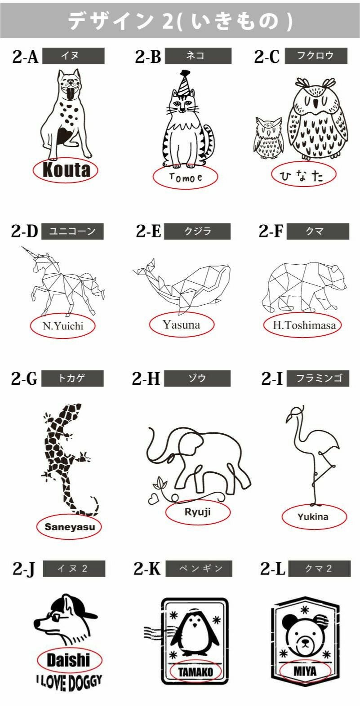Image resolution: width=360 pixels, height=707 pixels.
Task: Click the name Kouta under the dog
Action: tap(66, 170)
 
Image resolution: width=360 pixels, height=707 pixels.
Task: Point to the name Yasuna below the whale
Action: tap(182, 325)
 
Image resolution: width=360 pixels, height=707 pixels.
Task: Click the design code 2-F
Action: tap(271, 231)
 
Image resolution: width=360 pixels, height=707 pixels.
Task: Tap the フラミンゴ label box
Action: tap(318, 378)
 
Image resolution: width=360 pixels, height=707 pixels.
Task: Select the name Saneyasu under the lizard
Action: tap(70, 527)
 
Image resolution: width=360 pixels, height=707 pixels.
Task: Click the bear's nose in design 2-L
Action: tap(305, 641)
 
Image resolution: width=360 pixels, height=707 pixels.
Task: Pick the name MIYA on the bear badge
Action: tap(305, 671)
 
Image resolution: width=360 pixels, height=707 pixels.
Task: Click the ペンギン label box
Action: tap(199, 569)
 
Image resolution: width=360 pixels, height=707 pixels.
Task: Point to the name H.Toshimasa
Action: tap(304, 325)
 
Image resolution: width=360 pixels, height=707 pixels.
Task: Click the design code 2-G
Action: tap(24, 378)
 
